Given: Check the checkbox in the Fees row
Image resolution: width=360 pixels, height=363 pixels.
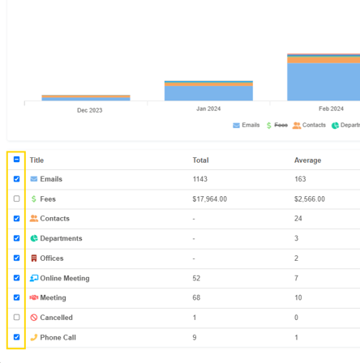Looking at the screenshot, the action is (16, 199).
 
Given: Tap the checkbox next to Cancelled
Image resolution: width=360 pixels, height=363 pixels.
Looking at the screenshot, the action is (16, 317).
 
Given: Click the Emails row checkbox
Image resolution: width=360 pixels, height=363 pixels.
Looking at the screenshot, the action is (16, 179).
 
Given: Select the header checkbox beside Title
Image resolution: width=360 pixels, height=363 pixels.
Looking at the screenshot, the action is (16, 160).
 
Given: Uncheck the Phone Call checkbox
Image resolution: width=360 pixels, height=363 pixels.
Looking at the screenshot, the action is (16, 337).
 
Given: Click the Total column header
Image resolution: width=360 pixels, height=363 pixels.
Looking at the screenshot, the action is (200, 160).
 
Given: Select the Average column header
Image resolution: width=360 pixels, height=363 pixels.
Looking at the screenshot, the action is (307, 160).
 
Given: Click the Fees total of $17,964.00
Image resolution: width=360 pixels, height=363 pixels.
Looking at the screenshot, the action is (210, 199).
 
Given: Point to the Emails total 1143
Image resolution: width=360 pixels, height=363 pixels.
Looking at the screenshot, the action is (200, 179).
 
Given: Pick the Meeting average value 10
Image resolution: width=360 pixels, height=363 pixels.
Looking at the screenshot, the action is (298, 297).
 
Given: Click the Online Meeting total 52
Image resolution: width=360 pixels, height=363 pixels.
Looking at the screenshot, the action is (196, 278).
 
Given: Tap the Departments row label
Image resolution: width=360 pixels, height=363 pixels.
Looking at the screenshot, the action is (61, 238).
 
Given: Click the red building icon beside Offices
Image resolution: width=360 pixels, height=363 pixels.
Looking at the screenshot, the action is (34, 258).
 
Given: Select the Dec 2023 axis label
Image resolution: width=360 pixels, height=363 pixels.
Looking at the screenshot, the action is (90, 110).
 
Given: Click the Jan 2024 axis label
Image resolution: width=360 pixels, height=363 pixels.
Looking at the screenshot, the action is (208, 109).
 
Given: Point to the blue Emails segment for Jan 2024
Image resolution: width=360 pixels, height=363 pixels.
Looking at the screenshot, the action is (208, 93).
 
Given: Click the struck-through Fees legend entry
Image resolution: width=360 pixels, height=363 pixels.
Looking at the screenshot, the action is (276, 125).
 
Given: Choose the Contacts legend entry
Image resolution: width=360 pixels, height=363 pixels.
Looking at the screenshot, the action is (309, 125).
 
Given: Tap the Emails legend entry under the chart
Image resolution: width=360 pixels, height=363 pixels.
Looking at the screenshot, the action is (246, 125).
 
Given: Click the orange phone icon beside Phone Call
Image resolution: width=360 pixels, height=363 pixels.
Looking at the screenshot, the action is (34, 337).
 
